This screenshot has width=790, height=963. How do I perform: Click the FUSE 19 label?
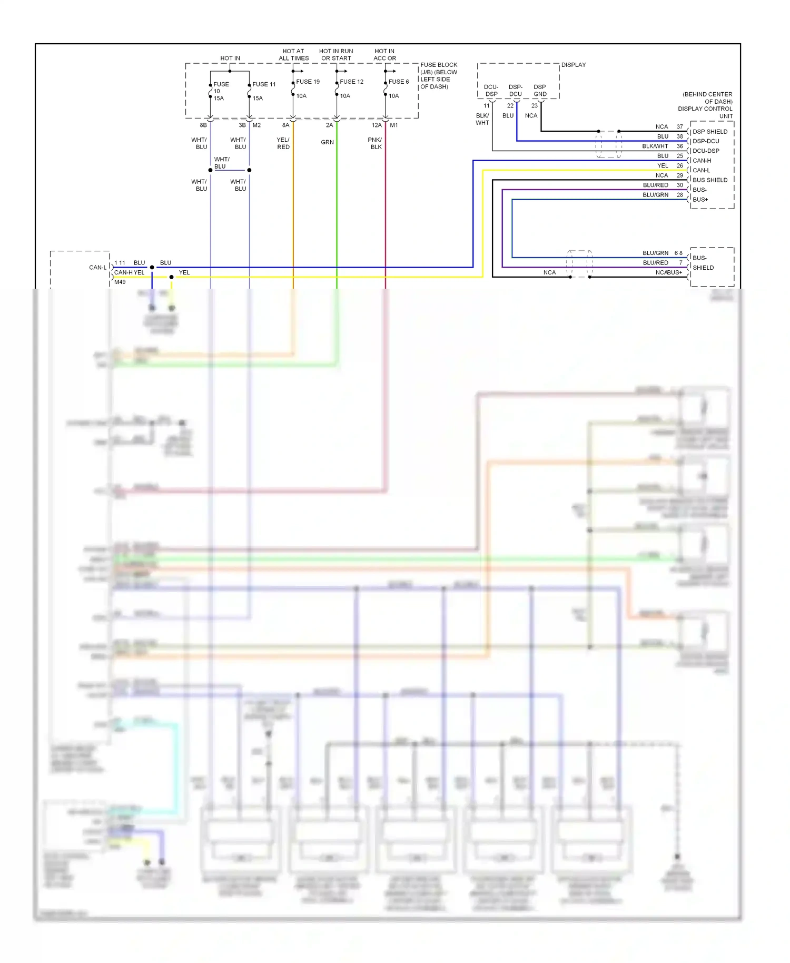point(308,82)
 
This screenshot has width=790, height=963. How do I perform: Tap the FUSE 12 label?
point(351,82)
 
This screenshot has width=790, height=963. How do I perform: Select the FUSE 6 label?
point(398,82)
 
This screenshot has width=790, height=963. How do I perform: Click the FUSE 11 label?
point(264,84)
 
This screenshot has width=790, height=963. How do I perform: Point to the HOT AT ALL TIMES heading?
point(293,55)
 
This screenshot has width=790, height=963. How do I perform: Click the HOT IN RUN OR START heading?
point(336,55)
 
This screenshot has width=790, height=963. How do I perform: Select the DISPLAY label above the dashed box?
point(573,65)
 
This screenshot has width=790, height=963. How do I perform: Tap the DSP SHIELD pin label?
point(709,132)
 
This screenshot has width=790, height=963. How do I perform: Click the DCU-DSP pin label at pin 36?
point(705,151)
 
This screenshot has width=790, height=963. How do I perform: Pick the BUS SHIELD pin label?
point(709,180)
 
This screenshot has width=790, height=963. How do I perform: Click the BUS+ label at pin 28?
point(700,200)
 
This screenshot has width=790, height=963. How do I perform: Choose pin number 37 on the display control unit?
point(679,127)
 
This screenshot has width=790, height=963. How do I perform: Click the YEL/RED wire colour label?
point(283,143)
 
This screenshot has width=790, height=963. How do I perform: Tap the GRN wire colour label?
point(327,142)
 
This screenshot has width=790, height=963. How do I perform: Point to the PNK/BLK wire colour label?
point(375,143)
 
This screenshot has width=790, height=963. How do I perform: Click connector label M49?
point(120,282)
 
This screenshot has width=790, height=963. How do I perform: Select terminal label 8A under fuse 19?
point(285,125)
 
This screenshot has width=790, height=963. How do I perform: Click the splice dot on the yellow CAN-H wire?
point(171,277)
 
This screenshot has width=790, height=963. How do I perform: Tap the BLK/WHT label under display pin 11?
point(482,119)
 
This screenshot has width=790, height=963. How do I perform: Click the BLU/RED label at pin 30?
point(655,185)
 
